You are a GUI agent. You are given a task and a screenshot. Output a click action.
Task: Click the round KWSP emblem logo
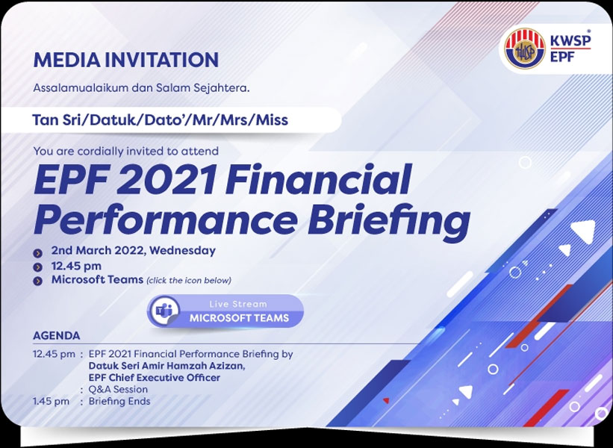[x=524, y=49]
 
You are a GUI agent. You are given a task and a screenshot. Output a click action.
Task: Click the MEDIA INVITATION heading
[x=126, y=60]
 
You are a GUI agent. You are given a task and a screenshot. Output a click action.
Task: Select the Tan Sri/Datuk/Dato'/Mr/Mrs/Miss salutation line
[x=161, y=120]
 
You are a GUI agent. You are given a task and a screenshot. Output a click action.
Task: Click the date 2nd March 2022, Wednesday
[x=134, y=251]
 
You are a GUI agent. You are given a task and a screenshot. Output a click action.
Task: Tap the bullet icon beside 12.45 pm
[x=37, y=267]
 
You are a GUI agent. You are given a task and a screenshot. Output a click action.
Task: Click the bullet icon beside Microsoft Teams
[x=37, y=281]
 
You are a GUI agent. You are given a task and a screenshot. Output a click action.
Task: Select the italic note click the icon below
[x=189, y=280]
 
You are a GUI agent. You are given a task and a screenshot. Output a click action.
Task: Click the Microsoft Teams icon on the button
[x=164, y=311]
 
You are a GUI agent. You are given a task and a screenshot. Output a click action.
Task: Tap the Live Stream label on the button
[x=238, y=304]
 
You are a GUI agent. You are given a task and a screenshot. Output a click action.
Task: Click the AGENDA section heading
[x=56, y=336]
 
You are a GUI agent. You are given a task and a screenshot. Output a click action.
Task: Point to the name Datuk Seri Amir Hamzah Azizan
[x=167, y=366]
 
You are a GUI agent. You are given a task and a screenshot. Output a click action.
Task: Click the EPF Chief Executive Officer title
[x=155, y=378]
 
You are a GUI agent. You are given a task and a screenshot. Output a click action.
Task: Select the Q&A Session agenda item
[x=118, y=389]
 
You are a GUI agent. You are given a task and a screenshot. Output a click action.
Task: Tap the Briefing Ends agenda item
[x=119, y=402]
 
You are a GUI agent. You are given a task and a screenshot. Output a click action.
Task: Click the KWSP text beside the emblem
[x=570, y=40]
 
